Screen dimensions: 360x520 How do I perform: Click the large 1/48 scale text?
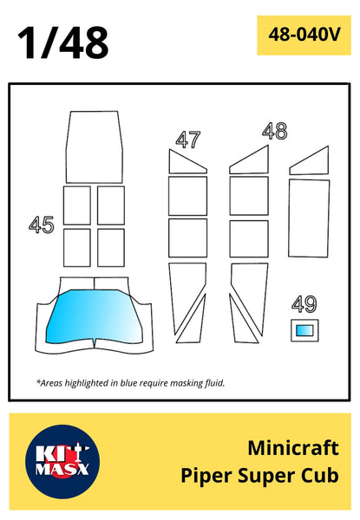63,43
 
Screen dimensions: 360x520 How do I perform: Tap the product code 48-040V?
304,35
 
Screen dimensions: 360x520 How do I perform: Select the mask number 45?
41,224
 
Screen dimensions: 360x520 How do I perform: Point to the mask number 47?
188,140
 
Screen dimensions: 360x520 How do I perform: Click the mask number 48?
275,131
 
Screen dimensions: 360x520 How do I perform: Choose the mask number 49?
304,304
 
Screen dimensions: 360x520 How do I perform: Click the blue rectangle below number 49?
304,330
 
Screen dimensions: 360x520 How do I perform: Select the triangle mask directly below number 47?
187,161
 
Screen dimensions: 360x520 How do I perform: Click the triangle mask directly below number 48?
249,159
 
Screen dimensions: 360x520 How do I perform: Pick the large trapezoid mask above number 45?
95,147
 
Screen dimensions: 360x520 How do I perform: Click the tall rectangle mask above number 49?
309,218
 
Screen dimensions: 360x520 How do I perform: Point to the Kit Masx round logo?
62,462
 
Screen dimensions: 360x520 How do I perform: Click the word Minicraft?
293,448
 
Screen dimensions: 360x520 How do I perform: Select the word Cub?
320,475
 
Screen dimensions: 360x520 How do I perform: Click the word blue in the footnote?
128,383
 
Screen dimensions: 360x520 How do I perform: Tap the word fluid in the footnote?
215,383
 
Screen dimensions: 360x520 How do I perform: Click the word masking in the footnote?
187,384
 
